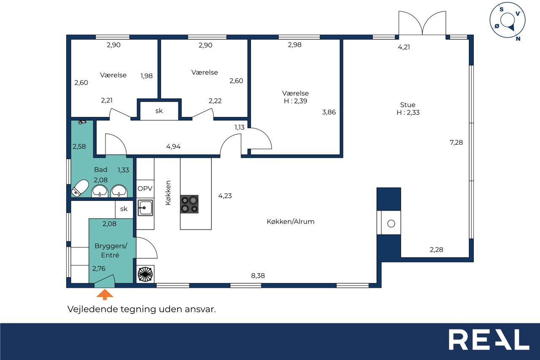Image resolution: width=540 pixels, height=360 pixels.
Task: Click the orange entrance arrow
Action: coord(105,295)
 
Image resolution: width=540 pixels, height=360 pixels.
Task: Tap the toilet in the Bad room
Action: coord(80,188)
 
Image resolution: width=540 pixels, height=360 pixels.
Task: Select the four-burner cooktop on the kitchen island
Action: coord(189,204)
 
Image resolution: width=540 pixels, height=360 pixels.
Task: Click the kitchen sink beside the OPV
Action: coord(146,207)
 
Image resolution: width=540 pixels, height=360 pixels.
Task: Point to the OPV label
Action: coord(145,188)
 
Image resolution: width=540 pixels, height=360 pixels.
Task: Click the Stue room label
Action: coord(408,105)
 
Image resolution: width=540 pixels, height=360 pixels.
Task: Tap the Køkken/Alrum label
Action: coord(291,222)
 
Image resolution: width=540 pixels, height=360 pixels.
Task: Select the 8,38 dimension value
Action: coord(258,275)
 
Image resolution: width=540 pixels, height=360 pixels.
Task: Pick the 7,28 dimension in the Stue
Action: coord(456,142)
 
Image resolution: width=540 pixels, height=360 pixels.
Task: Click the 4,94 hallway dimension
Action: coord(173,146)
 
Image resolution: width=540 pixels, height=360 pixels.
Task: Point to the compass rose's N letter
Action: coord(518,38)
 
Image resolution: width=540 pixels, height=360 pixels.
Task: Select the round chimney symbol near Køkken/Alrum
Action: coord(391,224)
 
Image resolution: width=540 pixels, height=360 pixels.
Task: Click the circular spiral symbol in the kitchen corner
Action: coord(146,274)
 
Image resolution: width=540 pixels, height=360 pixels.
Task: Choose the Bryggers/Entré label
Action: coord(111,251)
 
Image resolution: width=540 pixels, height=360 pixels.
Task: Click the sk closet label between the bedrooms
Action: coord(159,111)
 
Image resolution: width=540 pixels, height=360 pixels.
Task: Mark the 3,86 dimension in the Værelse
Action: coord(329,112)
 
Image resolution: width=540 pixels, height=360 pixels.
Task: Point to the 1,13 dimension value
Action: coord(239,127)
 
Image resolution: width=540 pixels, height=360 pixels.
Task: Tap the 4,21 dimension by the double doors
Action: coord(404,47)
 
